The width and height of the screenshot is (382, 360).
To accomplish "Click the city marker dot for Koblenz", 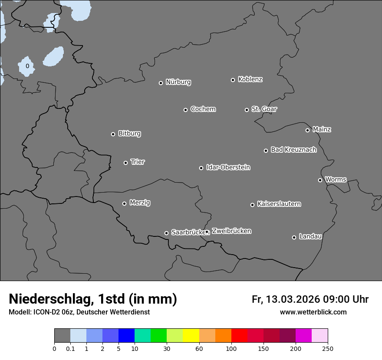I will tap(233, 80).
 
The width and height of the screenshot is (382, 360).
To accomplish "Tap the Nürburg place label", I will tap(178, 82).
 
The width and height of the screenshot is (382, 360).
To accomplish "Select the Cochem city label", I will tap(203, 109).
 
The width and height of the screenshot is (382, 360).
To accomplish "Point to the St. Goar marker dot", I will tap(247, 110).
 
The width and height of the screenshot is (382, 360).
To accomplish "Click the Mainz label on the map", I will tap(322, 129).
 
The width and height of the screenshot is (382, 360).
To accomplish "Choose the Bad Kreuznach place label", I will tap(293, 150).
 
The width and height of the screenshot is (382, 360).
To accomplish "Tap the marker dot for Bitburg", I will tap(113, 134).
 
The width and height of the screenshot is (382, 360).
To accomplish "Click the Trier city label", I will tap(138, 162).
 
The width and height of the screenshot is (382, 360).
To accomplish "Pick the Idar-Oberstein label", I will tap(228, 167).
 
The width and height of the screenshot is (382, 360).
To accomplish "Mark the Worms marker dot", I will tap(320, 180).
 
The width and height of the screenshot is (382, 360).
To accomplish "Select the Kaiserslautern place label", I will tap(279, 204).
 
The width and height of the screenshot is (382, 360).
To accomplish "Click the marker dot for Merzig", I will tap(124, 203).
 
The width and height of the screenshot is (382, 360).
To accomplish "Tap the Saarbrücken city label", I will tap(188, 232).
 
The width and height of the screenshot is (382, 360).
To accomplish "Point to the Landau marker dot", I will tap(294, 237).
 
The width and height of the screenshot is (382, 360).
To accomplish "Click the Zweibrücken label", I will tap(231, 231).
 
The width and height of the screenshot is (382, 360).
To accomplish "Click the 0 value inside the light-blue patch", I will tap(27, 66).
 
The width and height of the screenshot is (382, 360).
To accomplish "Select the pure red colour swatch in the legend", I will tap(239, 336).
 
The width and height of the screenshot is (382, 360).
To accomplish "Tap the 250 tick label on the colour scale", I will tap(328, 348).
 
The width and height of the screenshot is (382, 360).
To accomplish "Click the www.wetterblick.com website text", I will tap(313, 312).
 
